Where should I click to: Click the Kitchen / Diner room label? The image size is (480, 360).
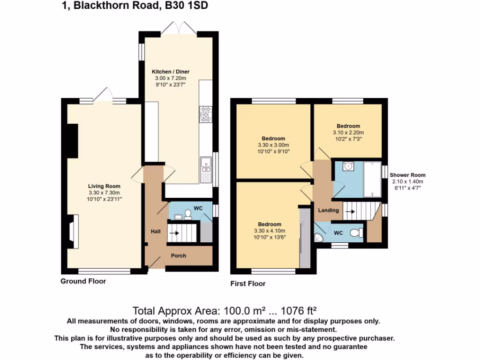pyautogui.click(x=174, y=72)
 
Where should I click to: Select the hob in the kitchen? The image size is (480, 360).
pyautogui.click(x=205, y=114)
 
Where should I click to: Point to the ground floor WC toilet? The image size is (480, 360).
pyautogui.click(x=188, y=214)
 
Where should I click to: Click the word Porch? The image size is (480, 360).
pyautogui.click(x=178, y=256)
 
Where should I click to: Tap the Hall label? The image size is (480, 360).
pyautogui.click(x=155, y=232)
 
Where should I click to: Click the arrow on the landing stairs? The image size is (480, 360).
pyautogui.click(x=349, y=211)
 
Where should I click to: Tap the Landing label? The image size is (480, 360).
pyautogui.click(x=328, y=210)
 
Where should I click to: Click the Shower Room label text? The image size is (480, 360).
pyautogui.click(x=407, y=175)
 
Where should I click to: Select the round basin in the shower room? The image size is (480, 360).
pyautogui.click(x=348, y=166)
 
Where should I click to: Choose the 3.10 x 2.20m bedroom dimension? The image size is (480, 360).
pyautogui.click(x=348, y=133)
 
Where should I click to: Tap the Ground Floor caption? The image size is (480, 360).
pyautogui.click(x=83, y=281)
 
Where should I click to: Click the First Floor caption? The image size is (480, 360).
pyautogui.click(x=248, y=284)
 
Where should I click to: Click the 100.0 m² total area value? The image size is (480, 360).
pyautogui.click(x=231, y=311)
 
